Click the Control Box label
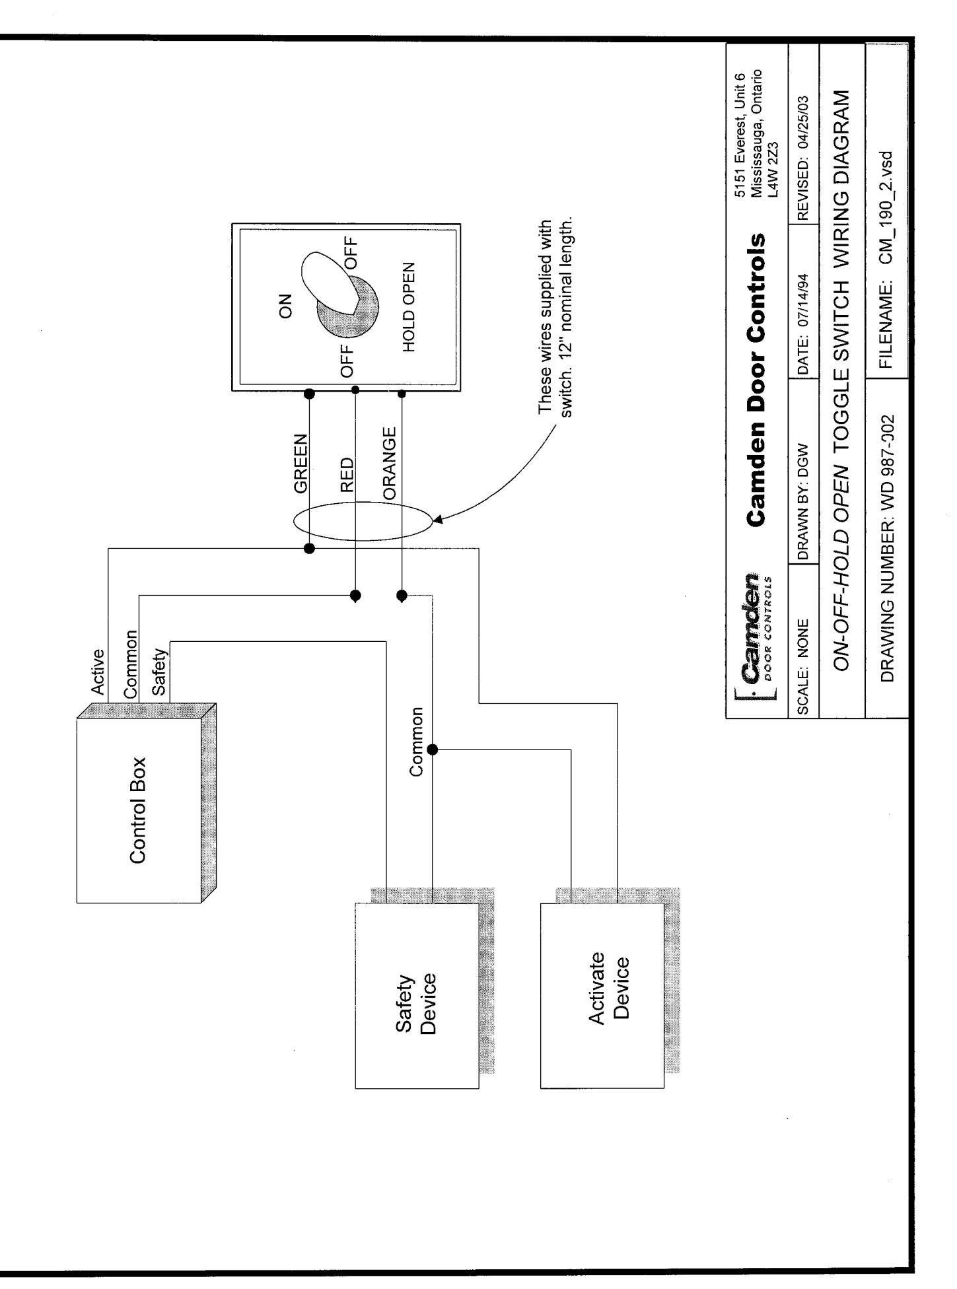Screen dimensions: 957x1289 click(138, 810)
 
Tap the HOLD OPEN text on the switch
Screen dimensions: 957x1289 click(409, 306)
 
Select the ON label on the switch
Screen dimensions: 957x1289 click(286, 306)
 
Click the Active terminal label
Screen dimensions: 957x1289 click(98, 672)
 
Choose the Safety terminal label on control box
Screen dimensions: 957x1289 click(160, 672)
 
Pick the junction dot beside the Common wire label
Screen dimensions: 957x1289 click(433, 749)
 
